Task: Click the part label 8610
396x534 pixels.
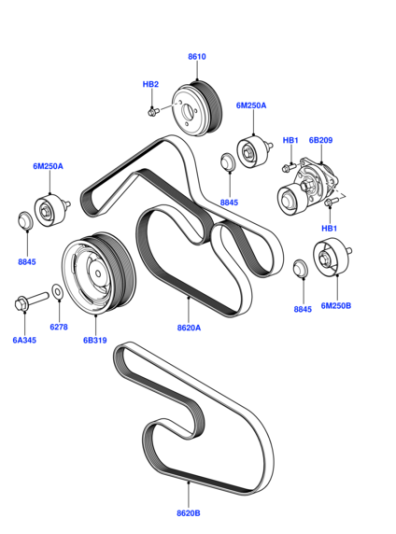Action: coord(197,56)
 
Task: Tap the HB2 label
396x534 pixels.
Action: coord(151,84)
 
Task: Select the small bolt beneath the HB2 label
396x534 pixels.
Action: coord(153,111)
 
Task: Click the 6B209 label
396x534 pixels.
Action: coord(320,140)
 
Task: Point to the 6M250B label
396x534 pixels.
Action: coord(336,305)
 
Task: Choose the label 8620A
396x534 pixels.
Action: coord(189,328)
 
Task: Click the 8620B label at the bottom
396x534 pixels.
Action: coord(188,513)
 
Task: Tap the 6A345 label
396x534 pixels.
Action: coord(24,340)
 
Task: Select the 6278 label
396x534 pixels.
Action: coord(59,327)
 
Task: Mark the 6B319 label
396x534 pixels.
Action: coord(95,340)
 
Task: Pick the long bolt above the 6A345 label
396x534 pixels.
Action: coord(32,300)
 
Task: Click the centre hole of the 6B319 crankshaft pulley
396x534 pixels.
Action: coord(98,273)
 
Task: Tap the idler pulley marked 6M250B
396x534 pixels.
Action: coord(332,257)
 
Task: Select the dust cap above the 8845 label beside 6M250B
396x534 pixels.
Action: coord(300,268)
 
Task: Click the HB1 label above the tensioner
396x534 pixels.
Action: coord(290,140)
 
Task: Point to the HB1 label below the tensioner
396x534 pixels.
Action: coord(329,228)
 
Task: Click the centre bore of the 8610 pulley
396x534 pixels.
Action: coord(187,111)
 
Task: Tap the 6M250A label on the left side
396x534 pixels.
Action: coord(48,166)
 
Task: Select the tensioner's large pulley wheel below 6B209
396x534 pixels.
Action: coord(288,200)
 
